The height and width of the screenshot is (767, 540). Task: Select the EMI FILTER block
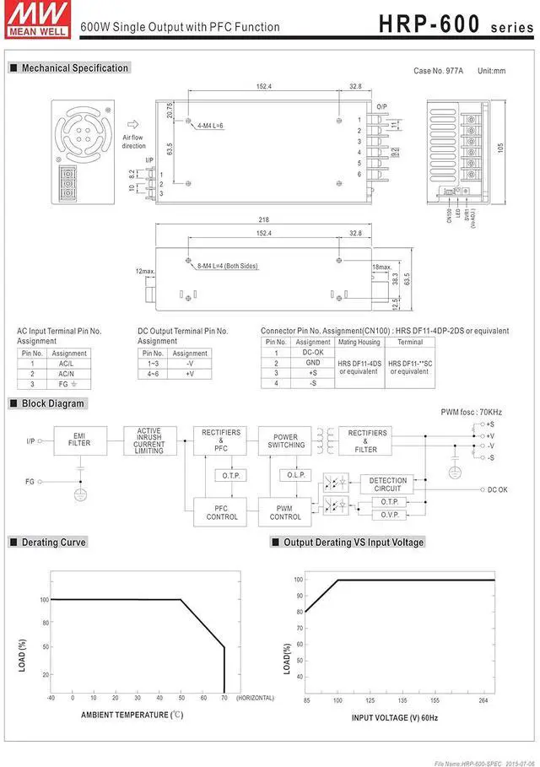pos(79,440)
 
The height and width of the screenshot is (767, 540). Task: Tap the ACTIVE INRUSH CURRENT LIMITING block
pos(149,440)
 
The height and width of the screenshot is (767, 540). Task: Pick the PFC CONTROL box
pos(222,512)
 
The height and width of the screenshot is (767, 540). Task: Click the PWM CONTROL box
pos(285,512)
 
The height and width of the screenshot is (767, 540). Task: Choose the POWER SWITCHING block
pos(286,440)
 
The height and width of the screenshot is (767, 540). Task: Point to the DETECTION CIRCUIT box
pos(388,484)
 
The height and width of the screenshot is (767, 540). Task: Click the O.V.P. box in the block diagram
pos(388,514)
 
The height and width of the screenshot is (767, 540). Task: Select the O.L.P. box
pos(296,475)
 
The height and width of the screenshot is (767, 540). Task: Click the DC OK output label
pos(498,489)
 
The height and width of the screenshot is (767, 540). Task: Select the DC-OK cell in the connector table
pos(313,352)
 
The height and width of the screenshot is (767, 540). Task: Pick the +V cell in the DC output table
pos(189,373)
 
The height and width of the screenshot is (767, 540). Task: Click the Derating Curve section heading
pos(53,543)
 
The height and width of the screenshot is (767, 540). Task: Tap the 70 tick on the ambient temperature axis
pos(224,698)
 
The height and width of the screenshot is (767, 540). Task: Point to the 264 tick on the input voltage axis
pos(483,700)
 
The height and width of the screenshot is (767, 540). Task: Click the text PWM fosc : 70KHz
pos(471,412)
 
